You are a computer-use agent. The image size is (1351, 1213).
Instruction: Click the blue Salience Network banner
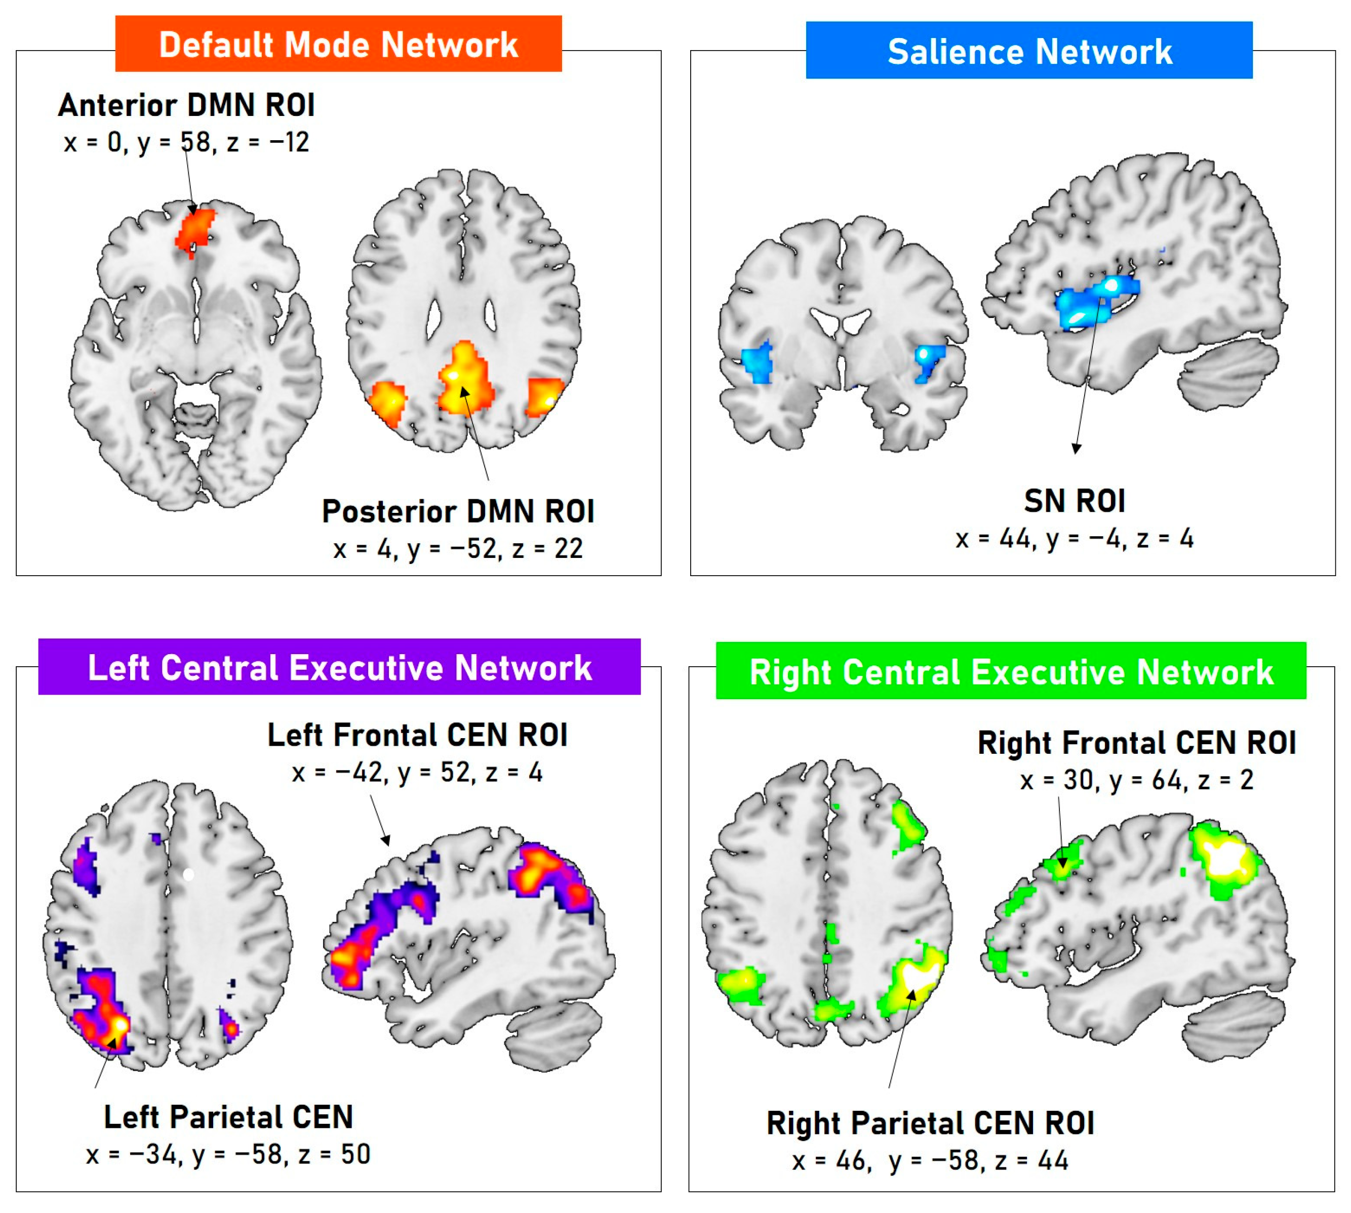1028,51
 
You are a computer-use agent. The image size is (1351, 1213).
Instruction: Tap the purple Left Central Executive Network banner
339,667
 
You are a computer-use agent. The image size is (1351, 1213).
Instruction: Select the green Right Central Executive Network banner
1010,670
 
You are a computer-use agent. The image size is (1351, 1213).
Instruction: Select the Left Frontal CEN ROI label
417,735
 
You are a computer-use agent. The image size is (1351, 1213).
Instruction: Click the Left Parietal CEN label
228,1117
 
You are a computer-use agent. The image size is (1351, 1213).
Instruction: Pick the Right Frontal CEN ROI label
1136,743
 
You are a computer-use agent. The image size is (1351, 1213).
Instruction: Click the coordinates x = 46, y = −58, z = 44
930,1160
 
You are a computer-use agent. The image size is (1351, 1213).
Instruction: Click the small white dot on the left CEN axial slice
188,874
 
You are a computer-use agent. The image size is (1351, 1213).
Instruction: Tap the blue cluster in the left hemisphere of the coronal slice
758,363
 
